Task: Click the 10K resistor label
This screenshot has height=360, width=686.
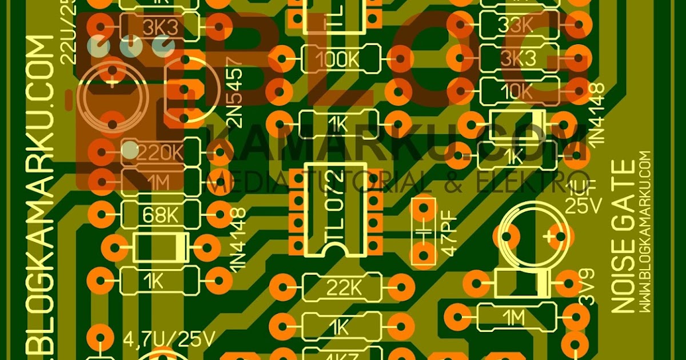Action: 519,90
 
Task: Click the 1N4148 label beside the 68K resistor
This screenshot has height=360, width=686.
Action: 237,240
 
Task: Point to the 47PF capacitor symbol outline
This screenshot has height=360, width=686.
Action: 424,231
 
